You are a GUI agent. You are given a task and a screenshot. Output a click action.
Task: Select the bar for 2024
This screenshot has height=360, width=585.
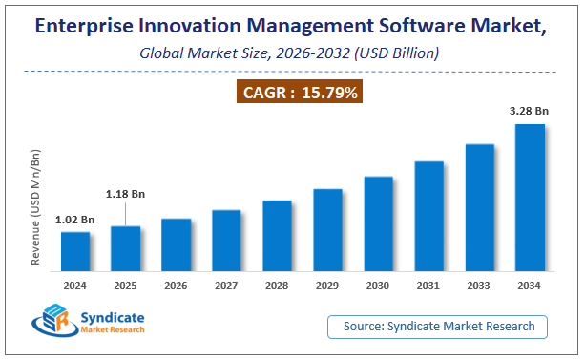pyautogui.click(x=75, y=252)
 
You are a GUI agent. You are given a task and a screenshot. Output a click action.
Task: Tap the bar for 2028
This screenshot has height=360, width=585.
pyautogui.click(x=277, y=236)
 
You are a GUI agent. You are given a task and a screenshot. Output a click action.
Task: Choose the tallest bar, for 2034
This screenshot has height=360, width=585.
pyautogui.click(x=530, y=198)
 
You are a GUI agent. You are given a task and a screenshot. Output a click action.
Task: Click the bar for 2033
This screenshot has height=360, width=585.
pyautogui.click(x=479, y=208)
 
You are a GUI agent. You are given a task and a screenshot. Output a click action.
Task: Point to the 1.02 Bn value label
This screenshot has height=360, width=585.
pyautogui.click(x=74, y=219)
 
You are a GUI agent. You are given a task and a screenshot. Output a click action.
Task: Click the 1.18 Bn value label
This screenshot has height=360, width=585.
pyautogui.click(x=125, y=194)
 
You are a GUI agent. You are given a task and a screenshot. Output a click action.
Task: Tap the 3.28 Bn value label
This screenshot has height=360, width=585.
pyautogui.click(x=530, y=110)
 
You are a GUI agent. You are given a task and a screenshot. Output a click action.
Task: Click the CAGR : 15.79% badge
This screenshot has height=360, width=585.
pyautogui.click(x=292, y=93)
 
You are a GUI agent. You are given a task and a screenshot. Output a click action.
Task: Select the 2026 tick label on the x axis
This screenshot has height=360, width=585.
pyautogui.click(x=177, y=285)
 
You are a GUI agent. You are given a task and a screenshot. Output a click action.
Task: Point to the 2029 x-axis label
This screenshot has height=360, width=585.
pyautogui.click(x=327, y=285)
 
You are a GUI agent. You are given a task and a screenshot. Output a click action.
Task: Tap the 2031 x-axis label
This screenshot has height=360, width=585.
pyautogui.click(x=428, y=285)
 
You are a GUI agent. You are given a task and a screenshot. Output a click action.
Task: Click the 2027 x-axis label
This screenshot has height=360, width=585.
pyautogui.click(x=226, y=285)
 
